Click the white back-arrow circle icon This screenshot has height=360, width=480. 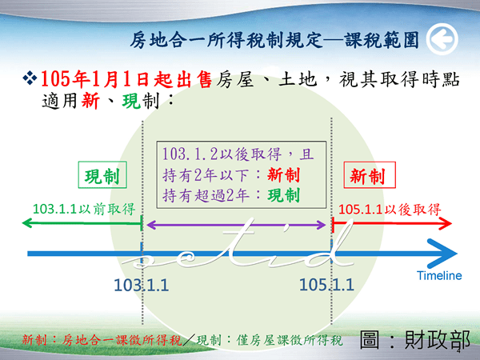442,39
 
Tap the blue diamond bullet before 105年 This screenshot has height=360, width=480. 30,78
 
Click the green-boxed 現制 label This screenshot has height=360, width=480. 102,174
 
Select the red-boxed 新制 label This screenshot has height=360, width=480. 370,174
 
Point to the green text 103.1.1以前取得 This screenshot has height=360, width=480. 84,209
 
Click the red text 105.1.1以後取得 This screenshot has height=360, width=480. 390,210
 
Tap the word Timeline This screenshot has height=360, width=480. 439,275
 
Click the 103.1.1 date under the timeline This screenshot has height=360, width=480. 141,285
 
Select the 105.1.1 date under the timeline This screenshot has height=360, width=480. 326,285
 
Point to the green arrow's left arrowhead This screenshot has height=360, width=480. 27,223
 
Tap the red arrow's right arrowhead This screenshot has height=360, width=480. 446,223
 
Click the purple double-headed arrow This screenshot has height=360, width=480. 236,226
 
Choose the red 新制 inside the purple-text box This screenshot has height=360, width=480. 283,174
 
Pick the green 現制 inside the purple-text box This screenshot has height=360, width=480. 283,195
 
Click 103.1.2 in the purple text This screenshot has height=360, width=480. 190,154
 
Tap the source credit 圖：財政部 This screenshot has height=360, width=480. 414,339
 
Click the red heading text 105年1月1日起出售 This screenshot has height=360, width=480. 126,79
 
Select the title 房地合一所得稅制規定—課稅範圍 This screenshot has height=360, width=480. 274,40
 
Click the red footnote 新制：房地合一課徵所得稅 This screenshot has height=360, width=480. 102,340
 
